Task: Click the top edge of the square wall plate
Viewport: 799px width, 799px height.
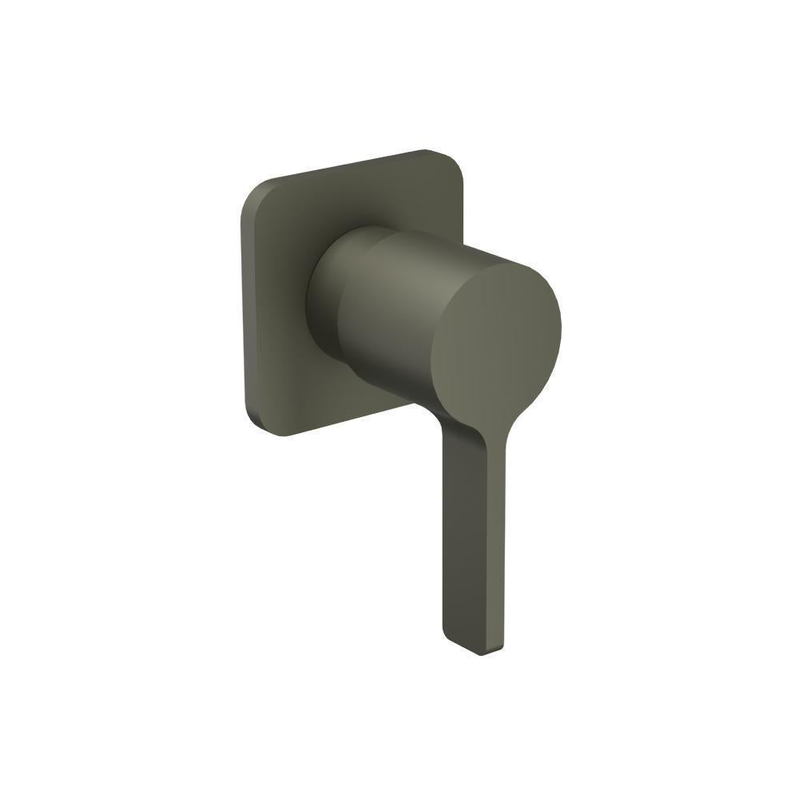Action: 352,164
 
